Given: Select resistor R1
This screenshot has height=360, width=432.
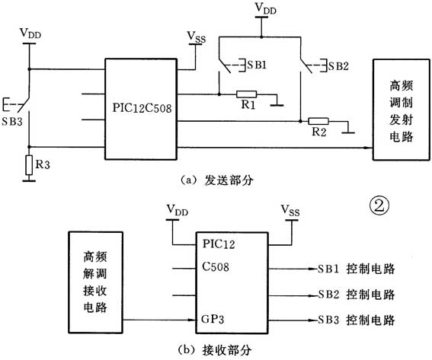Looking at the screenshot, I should (x=245, y=95).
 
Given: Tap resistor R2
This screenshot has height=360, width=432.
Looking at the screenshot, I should (x=318, y=121).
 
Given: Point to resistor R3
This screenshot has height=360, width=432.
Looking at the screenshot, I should (x=29, y=164).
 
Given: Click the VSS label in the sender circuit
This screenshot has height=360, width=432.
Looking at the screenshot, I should (x=196, y=36).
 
